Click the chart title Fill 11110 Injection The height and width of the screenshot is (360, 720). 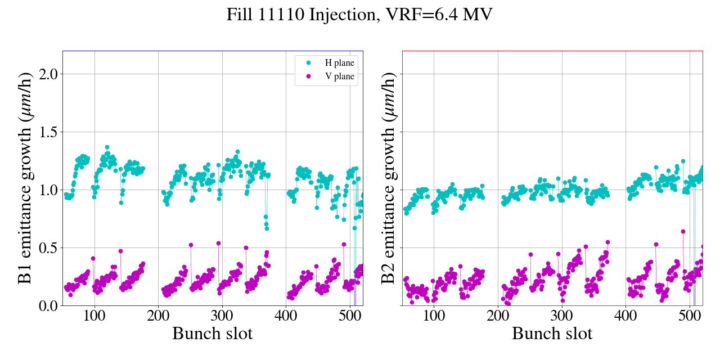359,14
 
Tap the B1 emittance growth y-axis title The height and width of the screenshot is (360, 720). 25,178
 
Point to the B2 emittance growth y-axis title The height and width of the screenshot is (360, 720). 389,178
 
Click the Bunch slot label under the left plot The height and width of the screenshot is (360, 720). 212,334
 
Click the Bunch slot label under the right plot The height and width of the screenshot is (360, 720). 552,334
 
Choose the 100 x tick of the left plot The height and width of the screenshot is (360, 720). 94,316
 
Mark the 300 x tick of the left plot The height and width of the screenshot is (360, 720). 222,316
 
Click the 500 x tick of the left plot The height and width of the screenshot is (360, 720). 350,316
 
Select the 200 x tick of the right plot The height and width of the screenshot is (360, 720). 498,316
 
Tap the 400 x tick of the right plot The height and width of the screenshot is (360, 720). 625,316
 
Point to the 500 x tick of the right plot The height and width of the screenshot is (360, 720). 690,316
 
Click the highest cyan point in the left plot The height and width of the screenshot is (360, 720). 107,147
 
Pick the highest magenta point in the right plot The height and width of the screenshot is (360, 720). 683,231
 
